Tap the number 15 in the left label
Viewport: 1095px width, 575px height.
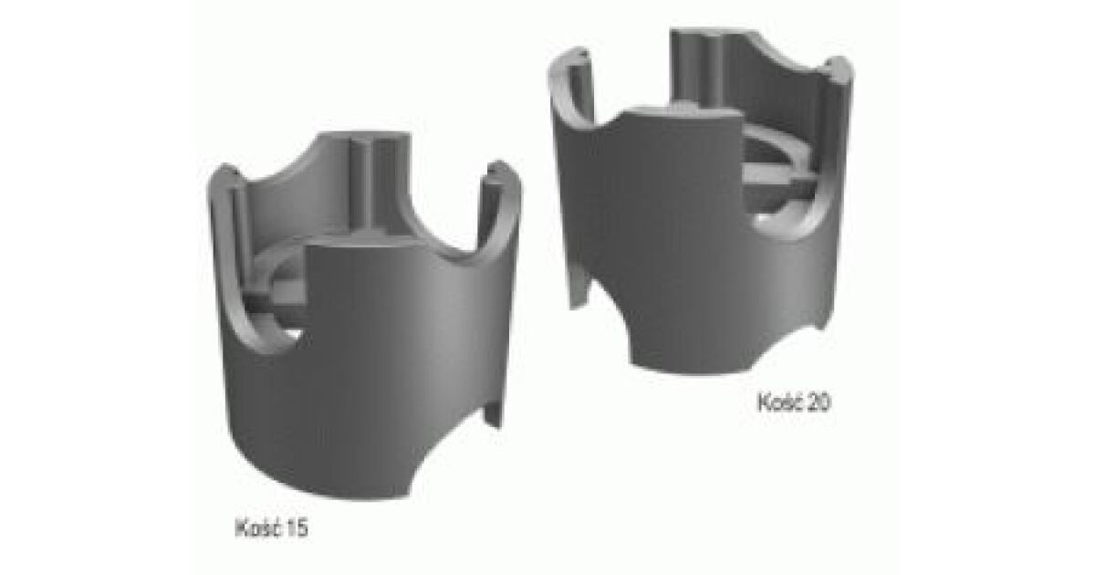[297, 528]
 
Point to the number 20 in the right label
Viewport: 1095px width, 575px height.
[819, 402]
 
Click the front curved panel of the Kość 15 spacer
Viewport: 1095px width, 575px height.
[371, 371]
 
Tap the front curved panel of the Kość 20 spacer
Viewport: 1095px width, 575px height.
[684, 245]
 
